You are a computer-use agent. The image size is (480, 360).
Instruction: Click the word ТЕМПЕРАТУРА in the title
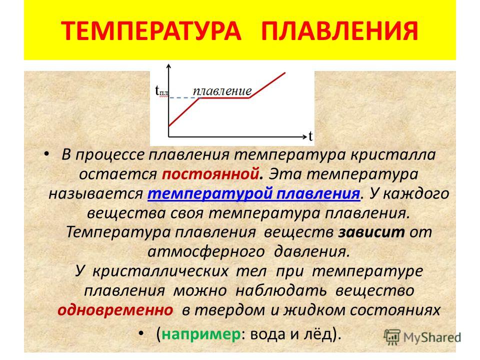(x=151, y=30)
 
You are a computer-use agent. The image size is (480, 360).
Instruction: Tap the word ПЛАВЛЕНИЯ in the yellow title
(x=340, y=30)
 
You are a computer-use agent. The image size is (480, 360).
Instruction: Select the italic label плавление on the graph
(x=222, y=91)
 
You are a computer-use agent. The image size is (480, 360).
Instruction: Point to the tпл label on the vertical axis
(x=161, y=90)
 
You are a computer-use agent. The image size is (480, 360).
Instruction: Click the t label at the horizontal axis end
(x=310, y=136)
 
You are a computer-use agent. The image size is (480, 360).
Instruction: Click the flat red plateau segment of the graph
(x=224, y=97)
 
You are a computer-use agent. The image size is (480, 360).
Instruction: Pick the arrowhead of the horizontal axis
(x=304, y=136)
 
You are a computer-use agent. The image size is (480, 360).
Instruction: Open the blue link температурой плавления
(x=253, y=193)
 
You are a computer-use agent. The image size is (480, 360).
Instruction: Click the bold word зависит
(x=371, y=232)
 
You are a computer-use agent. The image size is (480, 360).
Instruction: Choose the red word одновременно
(x=115, y=310)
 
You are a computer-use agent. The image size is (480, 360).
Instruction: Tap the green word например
(x=201, y=333)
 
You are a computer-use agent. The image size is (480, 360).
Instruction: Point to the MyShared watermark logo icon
(x=392, y=337)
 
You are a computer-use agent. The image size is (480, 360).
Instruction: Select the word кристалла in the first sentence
(x=393, y=155)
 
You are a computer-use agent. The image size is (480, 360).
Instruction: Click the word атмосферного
(x=206, y=252)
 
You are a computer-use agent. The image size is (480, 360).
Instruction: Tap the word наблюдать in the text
(x=280, y=290)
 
